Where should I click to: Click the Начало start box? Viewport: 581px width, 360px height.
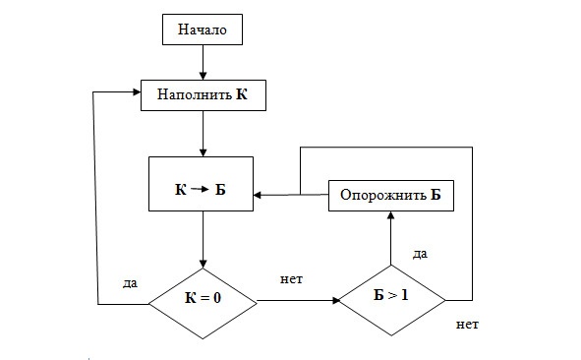202,30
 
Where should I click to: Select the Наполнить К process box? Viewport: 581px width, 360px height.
202,95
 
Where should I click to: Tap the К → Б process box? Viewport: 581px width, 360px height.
201,184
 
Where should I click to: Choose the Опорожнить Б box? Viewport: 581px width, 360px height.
390,195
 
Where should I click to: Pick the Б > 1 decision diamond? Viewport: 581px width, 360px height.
391,296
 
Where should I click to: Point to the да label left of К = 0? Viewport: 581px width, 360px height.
130,282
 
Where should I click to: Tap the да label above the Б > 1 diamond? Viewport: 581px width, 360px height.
420,254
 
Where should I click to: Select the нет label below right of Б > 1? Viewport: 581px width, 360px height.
468,323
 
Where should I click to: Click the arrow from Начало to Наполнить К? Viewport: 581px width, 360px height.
202,63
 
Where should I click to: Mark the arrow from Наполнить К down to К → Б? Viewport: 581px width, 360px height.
202,134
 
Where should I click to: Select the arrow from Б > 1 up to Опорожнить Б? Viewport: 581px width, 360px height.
391,237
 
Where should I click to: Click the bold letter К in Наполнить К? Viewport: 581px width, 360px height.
242,96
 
